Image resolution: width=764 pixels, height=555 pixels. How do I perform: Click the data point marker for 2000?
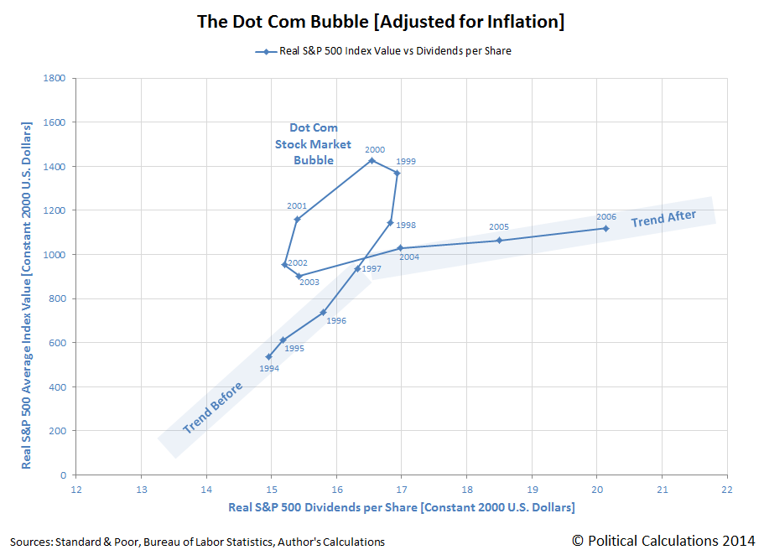(x=372, y=160)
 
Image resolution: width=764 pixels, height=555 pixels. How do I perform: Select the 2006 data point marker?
(x=605, y=228)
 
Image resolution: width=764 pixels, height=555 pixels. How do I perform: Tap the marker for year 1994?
(x=268, y=356)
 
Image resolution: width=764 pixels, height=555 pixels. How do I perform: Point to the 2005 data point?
(x=499, y=241)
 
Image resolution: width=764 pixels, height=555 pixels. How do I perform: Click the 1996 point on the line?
(x=323, y=312)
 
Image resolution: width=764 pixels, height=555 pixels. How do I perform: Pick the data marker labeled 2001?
(x=297, y=220)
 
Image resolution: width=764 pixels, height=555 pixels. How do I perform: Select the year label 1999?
(x=406, y=161)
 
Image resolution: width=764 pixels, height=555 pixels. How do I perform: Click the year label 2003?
(x=309, y=283)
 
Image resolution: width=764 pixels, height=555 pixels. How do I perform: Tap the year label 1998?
(x=407, y=226)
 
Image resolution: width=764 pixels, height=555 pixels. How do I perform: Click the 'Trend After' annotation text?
(x=664, y=218)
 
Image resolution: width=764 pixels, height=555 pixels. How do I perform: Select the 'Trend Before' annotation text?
(x=213, y=408)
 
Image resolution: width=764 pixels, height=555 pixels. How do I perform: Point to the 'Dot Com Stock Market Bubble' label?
(x=313, y=144)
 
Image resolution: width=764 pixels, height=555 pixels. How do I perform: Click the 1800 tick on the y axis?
(x=56, y=79)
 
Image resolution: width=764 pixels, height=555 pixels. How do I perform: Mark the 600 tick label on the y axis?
(x=59, y=343)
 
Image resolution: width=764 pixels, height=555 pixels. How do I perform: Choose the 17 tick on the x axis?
(x=401, y=489)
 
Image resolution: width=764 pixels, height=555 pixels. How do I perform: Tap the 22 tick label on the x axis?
(x=726, y=489)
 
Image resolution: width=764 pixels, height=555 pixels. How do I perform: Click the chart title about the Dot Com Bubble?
(x=381, y=21)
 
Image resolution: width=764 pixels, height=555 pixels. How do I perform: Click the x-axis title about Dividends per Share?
(x=401, y=508)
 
